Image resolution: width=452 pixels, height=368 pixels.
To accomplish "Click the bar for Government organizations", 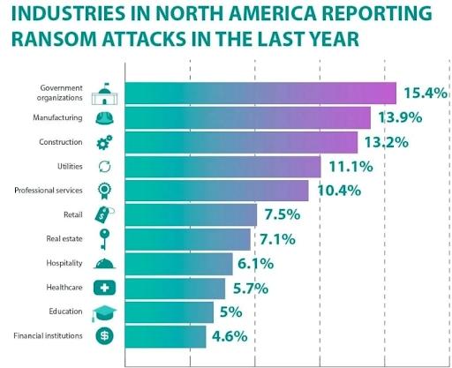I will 260,93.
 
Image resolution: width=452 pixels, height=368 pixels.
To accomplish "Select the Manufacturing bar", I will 247,117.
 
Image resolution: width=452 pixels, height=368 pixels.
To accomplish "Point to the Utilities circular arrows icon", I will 104,166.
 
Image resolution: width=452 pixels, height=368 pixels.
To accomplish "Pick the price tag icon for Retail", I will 104,214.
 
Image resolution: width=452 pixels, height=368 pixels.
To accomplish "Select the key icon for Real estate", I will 104,238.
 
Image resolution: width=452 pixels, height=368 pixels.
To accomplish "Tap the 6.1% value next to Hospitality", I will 259,263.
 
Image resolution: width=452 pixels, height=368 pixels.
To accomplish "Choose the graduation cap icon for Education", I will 104,312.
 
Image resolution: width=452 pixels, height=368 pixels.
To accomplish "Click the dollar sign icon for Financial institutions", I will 104,335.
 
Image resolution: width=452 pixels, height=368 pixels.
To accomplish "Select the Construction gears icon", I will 104,142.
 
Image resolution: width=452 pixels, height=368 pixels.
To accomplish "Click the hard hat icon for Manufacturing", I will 104,117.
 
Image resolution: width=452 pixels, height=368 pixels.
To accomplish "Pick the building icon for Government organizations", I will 104,92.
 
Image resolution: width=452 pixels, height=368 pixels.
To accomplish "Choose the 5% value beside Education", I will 232,312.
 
